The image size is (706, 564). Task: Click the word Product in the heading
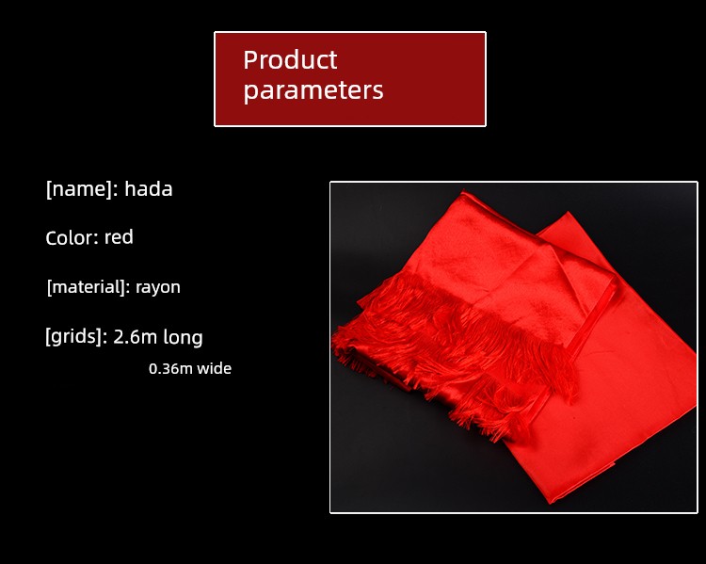click(290, 60)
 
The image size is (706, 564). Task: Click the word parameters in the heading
click(313, 90)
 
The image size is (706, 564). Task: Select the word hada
click(149, 188)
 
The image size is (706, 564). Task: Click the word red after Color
click(119, 237)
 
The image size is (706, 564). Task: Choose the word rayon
click(158, 288)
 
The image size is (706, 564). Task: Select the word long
click(183, 337)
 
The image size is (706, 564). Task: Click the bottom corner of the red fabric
click(552, 502)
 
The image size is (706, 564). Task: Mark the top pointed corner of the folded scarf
click(464, 191)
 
